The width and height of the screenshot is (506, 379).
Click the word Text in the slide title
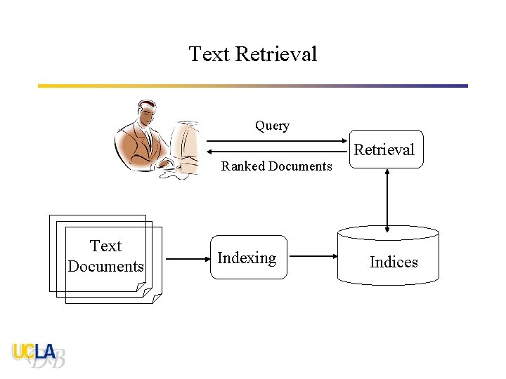click(209, 54)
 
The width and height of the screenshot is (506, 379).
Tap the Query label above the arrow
click(272, 126)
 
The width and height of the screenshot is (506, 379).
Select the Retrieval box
click(385, 149)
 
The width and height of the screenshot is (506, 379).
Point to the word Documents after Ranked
click(300, 166)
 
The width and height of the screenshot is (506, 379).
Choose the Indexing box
click(247, 258)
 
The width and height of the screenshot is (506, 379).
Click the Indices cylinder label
click(394, 262)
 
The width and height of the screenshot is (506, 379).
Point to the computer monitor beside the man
click(186, 144)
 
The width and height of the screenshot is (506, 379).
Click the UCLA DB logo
click(39, 355)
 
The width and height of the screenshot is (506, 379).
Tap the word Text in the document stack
click(105, 246)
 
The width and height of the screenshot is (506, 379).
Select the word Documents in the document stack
click(105, 267)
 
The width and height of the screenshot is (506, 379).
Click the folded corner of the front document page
click(157, 298)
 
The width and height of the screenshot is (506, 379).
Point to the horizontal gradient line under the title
click(253, 86)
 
